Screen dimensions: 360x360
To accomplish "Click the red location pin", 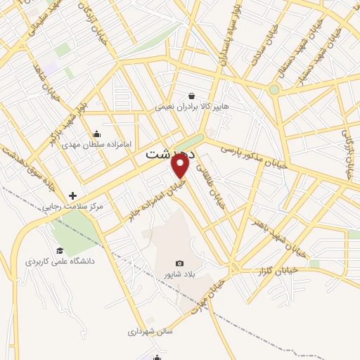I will point(181,166).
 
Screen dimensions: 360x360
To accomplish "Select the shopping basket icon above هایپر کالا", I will point(191,96).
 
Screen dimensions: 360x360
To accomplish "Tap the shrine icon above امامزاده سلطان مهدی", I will point(96,134).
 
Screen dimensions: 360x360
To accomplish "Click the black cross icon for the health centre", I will point(72,195).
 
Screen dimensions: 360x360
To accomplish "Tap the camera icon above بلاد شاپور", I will point(179,263).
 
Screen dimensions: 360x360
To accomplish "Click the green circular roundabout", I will point(274,89).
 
